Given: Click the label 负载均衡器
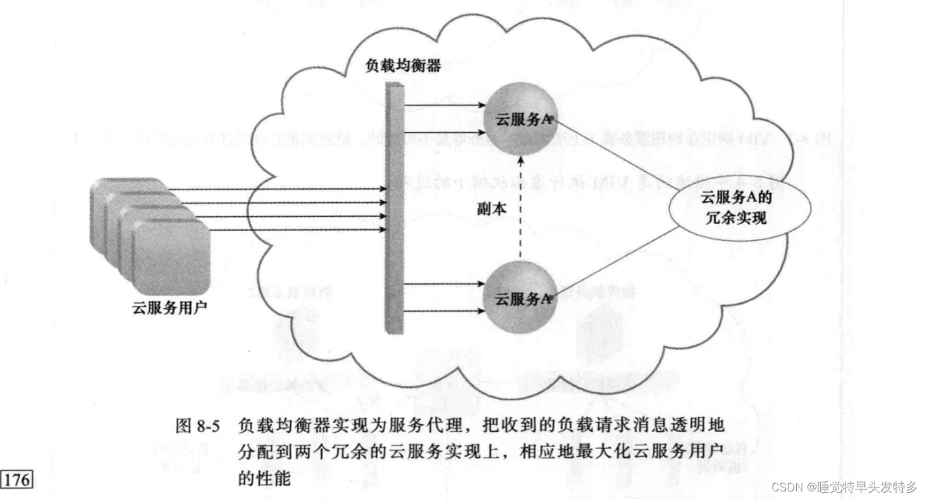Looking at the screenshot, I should (403, 66).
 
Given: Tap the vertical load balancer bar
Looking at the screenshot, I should (393, 208).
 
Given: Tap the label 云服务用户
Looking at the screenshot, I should (169, 308).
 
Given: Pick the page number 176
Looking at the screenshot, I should (17, 479).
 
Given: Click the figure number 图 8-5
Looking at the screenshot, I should (197, 427).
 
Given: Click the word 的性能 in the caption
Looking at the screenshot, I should (264, 479).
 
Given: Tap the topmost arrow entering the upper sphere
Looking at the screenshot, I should (443, 105).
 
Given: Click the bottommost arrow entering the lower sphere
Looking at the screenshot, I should (443, 311).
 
